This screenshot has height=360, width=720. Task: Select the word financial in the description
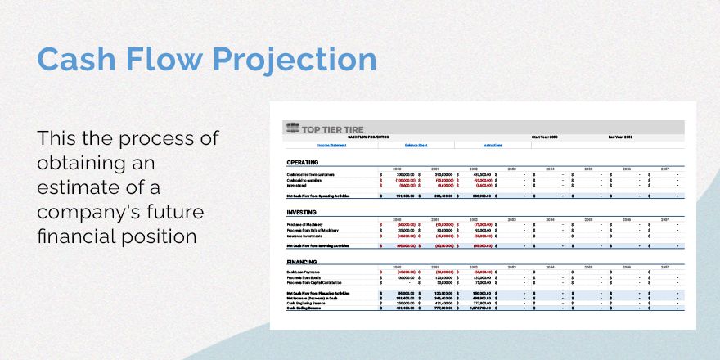(83, 237)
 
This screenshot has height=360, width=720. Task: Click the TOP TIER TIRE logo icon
(292, 128)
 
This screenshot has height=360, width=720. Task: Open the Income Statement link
(308, 146)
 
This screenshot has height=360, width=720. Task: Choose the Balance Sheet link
(416, 146)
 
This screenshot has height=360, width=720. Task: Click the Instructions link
(493, 146)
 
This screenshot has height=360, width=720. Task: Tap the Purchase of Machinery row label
(304, 223)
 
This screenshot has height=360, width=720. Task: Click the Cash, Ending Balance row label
(304, 308)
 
